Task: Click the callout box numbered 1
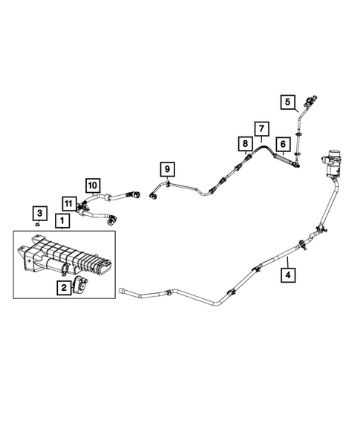[x=62, y=220]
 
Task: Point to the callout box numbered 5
[x=287, y=102]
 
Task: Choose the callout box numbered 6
[x=283, y=144]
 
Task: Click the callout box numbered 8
[x=243, y=142]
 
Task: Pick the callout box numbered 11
[x=68, y=203]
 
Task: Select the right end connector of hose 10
[x=137, y=194]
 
